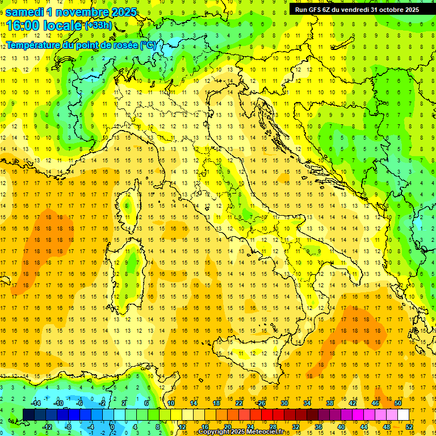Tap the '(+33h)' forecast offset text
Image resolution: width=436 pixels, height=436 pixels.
pos(98,26)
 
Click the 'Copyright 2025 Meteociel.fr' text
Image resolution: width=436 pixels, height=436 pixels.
pos(245,432)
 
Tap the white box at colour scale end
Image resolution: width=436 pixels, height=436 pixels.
pos(403,414)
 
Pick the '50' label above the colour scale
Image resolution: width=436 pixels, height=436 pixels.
pos(397,403)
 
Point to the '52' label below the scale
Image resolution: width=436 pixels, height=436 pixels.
pos(409,427)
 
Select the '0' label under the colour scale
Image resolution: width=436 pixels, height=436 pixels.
pos(112,427)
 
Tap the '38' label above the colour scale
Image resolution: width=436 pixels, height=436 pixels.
pos(329,403)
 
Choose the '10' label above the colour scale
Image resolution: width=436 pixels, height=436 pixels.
pos(170,403)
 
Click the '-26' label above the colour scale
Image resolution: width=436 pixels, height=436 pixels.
pos(261,403)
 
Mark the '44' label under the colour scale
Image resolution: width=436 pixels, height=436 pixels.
pos(364,427)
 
